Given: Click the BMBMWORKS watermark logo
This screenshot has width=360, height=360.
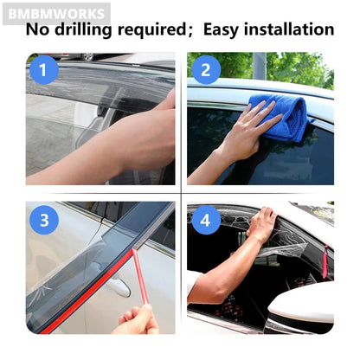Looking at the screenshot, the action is click(x=56, y=14).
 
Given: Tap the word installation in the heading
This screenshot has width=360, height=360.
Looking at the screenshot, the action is click(x=290, y=29).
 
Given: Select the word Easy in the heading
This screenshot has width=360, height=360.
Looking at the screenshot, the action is click(x=222, y=30).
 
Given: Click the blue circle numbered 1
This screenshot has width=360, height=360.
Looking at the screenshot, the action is click(x=44, y=70).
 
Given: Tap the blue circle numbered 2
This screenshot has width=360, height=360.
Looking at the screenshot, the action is click(x=206, y=70).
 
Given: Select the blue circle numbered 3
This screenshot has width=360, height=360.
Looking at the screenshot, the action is click(x=44, y=220).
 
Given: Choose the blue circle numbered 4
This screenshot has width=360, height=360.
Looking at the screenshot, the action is click(x=206, y=220).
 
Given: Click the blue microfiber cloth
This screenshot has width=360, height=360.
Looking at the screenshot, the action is click(x=281, y=117).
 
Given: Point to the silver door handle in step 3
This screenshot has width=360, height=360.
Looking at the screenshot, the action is click(x=119, y=287).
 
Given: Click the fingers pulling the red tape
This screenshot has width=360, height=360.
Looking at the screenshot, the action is click(x=138, y=318).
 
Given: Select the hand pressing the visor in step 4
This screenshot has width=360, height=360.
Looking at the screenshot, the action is click(x=262, y=222).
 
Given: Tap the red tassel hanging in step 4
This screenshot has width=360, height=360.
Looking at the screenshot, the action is click(x=325, y=261).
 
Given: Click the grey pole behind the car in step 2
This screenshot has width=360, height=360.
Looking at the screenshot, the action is click(x=260, y=66).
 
